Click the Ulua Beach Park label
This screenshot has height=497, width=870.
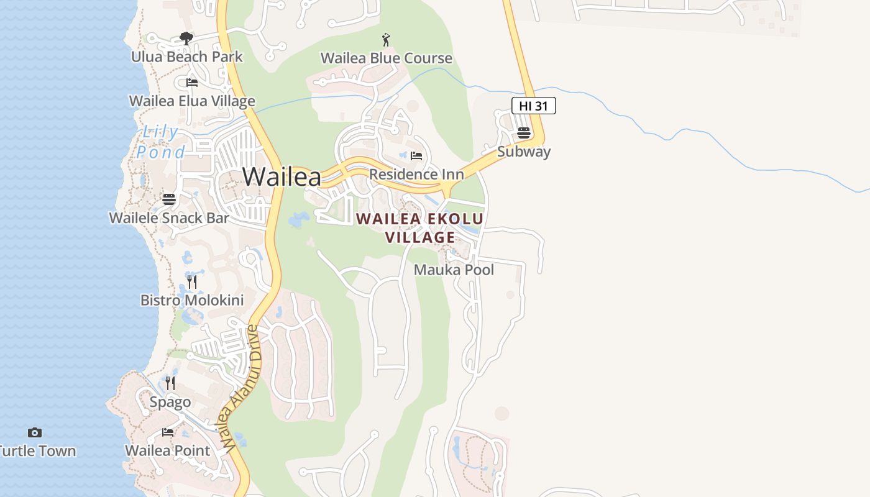tap(186, 57)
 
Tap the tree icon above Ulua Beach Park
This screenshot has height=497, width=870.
tap(186, 39)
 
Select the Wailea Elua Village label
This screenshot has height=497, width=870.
tap(192, 101)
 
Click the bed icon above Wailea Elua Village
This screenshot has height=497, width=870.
tap(192, 82)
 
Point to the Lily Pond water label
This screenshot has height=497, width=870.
tap(161, 142)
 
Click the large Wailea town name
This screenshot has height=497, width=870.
tap(282, 177)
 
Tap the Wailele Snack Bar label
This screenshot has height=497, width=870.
tap(169, 218)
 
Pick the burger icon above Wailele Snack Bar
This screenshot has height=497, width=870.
tap(169, 199)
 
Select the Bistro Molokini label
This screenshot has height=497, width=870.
tap(192, 301)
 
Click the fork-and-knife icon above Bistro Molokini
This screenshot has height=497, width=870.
tap(192, 282)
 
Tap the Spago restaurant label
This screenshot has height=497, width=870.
tap(170, 402)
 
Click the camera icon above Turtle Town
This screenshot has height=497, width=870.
tap(35, 432)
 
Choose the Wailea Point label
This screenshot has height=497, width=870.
tap(168, 450)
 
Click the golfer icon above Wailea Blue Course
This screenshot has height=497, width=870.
tap(386, 40)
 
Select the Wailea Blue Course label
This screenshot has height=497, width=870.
tap(387, 58)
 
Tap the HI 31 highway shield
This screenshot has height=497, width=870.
tap(533, 106)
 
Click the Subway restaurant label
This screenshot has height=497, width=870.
tap(524, 152)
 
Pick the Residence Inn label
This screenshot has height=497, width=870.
tap(416, 175)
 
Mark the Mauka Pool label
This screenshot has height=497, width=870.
tap(454, 270)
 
